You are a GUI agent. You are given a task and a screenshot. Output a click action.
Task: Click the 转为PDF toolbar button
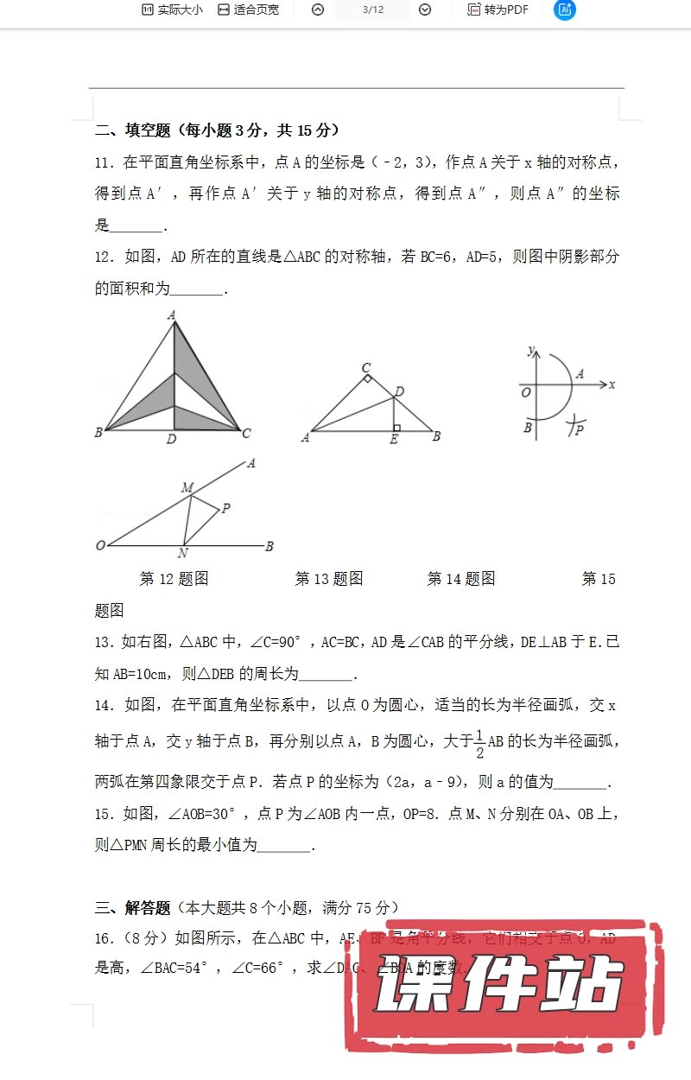click(x=498, y=10)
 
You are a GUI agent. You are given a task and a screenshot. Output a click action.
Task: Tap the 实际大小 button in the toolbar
click(x=172, y=10)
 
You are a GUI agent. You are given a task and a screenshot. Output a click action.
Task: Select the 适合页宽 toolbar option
click(x=248, y=10)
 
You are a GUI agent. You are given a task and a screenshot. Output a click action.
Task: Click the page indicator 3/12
click(x=373, y=10)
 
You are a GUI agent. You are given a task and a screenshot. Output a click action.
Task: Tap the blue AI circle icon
click(x=565, y=10)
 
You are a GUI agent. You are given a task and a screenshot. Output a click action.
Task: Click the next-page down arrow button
click(x=425, y=10)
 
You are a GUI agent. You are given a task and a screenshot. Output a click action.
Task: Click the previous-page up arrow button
click(x=318, y=10)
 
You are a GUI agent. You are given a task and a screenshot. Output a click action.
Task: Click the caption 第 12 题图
click(x=174, y=579)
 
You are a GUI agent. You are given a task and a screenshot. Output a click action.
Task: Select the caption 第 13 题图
click(x=329, y=579)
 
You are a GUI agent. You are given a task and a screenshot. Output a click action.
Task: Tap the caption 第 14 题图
click(x=461, y=579)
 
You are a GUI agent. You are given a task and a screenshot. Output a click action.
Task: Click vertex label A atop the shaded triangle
click(x=173, y=315)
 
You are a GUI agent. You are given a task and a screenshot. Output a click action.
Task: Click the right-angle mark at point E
click(x=396, y=428)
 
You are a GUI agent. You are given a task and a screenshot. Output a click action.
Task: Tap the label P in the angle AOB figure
click(x=226, y=509)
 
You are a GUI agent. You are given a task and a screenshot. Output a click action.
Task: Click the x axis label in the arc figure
click(x=612, y=384)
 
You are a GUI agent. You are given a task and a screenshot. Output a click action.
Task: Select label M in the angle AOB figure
click(x=187, y=488)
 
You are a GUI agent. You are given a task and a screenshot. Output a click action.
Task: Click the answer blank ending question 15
click(x=284, y=846)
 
